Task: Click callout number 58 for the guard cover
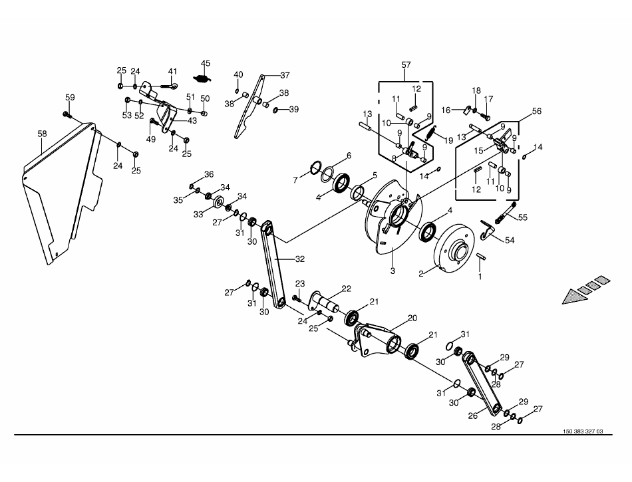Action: (x=43, y=134)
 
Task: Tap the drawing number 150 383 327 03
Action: (x=583, y=431)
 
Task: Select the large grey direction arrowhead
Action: (x=575, y=297)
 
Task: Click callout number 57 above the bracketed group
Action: (x=406, y=65)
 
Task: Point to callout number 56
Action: (x=537, y=111)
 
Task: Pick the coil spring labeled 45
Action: (x=203, y=78)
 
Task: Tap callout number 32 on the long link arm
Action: (x=300, y=259)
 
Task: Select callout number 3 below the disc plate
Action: (x=393, y=271)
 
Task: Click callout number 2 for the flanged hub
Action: (x=421, y=274)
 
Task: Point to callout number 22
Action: (x=346, y=289)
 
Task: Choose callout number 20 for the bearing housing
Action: (x=412, y=318)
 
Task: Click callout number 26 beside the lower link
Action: (x=473, y=415)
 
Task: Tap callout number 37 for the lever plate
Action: (x=285, y=75)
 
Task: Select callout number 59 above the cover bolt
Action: (x=70, y=98)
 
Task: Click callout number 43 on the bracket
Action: (x=192, y=120)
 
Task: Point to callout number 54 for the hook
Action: (x=510, y=241)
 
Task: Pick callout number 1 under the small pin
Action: (x=480, y=277)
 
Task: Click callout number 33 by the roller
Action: (x=198, y=215)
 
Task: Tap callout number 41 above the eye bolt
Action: (x=172, y=71)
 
